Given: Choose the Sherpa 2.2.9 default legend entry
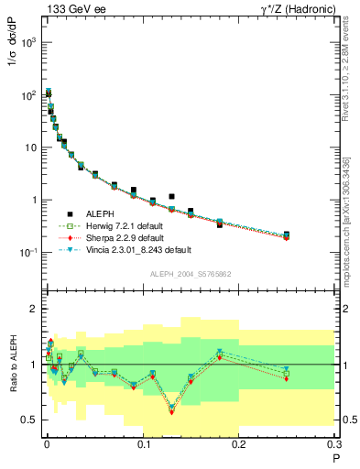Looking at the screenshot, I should [x=129, y=237].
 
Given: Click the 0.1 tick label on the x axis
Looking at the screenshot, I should [x=143, y=443].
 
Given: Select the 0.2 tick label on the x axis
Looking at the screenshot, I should [x=239, y=443].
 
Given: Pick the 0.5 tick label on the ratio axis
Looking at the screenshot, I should [x=31, y=420].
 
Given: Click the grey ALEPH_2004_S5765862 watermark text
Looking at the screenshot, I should [x=189, y=274].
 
